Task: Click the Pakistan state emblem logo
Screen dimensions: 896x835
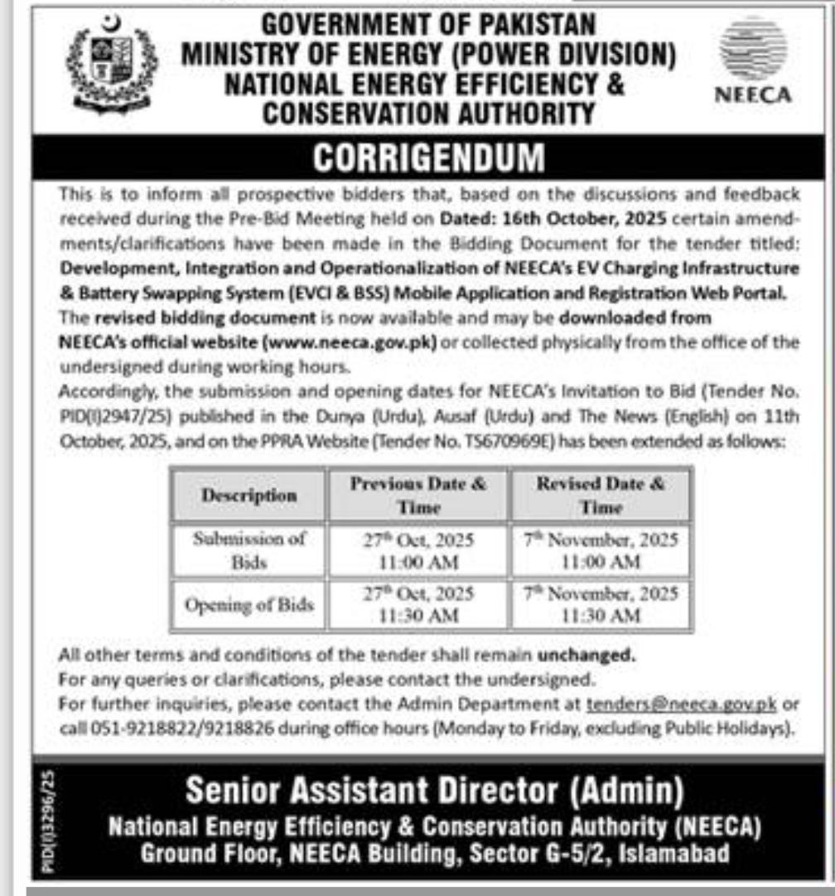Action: tap(111, 65)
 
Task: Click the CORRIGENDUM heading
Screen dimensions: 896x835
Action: tap(429, 157)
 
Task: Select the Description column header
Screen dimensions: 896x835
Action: tap(249, 495)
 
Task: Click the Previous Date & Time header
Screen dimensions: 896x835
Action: tap(418, 495)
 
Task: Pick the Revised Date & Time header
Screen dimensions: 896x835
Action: tap(601, 495)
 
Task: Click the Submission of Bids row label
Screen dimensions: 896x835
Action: tap(249, 550)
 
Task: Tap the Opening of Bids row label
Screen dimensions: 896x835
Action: tap(249, 604)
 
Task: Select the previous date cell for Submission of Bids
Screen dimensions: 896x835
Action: tap(418, 550)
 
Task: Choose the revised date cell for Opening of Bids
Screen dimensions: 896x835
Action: tap(601, 604)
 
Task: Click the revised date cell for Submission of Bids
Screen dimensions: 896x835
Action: tap(601, 550)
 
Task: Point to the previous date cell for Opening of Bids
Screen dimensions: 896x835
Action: tap(418, 604)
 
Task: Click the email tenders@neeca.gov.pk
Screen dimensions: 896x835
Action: tap(680, 705)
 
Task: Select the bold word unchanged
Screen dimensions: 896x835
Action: tap(586, 655)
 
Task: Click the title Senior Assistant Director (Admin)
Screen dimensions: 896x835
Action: tap(434, 791)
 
